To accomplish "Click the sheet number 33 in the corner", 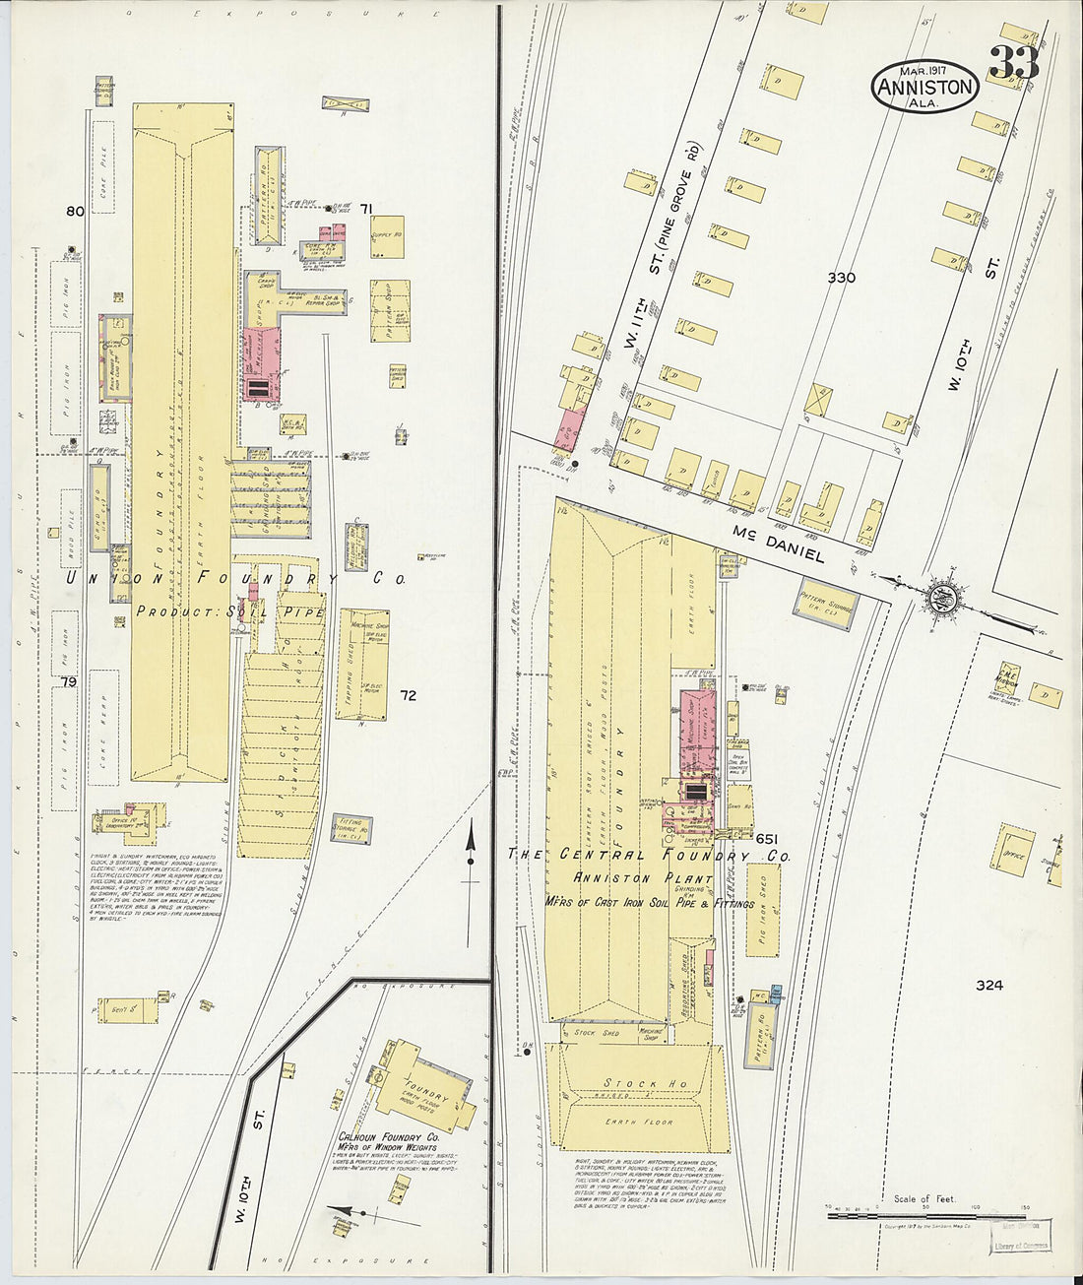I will coord(1013,63).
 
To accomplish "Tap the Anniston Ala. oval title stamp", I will coord(924,87).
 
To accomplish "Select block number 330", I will coord(841,278).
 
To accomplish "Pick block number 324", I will coord(988,985).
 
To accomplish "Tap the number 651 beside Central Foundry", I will coord(768,838).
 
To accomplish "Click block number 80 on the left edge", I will coord(75,211).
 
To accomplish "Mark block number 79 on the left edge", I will coord(68,682).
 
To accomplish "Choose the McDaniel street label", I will coord(778,544).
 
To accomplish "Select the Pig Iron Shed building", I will coord(762,910).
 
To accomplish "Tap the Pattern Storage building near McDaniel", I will coord(825,607).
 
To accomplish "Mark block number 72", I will coord(408,695).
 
